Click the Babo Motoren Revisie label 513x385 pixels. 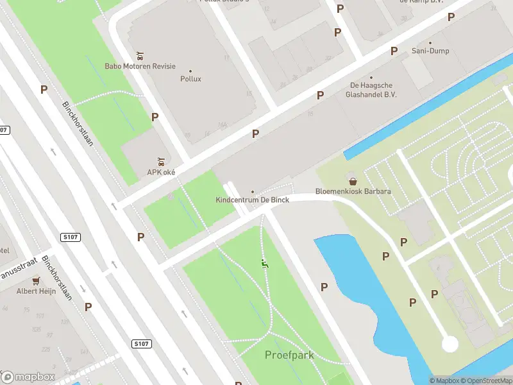(140, 66)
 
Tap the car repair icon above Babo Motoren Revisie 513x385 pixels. (140, 55)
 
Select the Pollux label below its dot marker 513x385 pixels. (190, 79)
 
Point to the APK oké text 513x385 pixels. (161, 172)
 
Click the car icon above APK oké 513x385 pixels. (161, 160)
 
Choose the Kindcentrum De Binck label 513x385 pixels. (252, 200)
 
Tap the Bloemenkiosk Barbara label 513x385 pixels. (353, 191)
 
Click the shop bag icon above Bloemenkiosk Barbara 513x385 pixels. (353, 180)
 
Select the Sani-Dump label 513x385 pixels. (430, 51)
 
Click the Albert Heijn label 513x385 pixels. (36, 291)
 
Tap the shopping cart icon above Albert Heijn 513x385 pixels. (36, 280)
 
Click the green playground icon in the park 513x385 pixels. (264, 263)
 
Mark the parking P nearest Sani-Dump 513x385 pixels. (394, 50)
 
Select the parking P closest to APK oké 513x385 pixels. (155, 117)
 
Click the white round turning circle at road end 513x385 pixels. (450, 343)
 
